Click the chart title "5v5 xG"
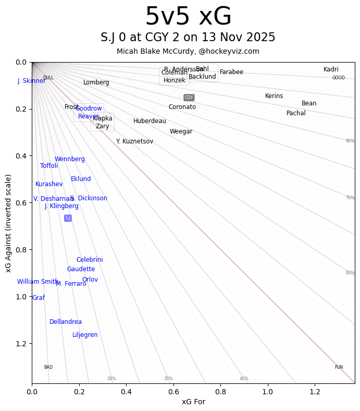coord(188,17)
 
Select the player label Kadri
coord(331,69)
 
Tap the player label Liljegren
coord(85,335)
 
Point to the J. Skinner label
coord(31,81)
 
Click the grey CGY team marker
coord(189,98)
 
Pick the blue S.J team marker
coord(68,218)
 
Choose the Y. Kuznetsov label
coord(134,141)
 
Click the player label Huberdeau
coord(150,121)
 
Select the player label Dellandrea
coord(66,322)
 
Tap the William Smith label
coord(38,282)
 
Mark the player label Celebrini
coord(90,260)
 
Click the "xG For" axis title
coord(193,402)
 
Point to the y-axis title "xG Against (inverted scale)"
coord(8,223)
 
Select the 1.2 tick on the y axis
coord(21,344)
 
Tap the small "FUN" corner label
coord(339,367)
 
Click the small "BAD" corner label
coord(48,367)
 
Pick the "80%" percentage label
coord(350,141)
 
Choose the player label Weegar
coord(181,131)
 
